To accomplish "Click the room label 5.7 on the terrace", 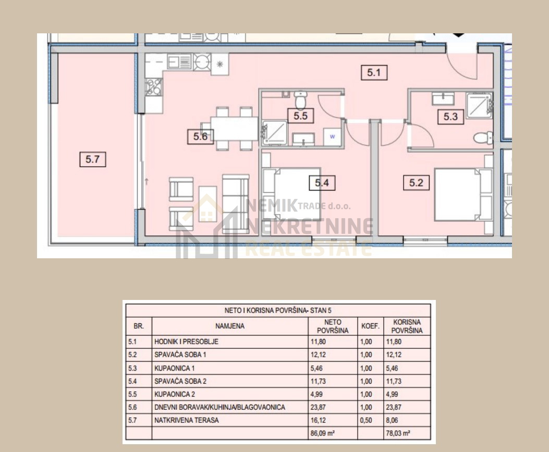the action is coord(93,159).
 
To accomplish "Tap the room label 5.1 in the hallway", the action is coord(374,73).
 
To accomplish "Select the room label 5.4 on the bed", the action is coord(322,183).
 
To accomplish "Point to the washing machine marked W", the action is coord(332,136).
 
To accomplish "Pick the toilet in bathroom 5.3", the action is coord(483,137).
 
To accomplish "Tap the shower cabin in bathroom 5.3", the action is coord(480,106).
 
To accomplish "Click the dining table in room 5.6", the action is coord(234,129).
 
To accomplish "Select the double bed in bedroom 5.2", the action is coord(463,195).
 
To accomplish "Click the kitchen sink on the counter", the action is coord(180,62).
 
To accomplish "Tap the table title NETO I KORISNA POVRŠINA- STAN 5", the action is coord(278,310).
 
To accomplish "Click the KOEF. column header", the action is coord(371,326).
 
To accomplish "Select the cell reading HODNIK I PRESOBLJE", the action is coord(186,342).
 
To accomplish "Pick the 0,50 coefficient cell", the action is coord(366,420).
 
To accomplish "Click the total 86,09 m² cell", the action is coord(323,433).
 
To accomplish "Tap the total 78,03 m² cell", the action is coord(398,433).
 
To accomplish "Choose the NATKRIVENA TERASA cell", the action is coord(186,420).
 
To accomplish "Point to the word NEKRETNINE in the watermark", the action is coord(310,226).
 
